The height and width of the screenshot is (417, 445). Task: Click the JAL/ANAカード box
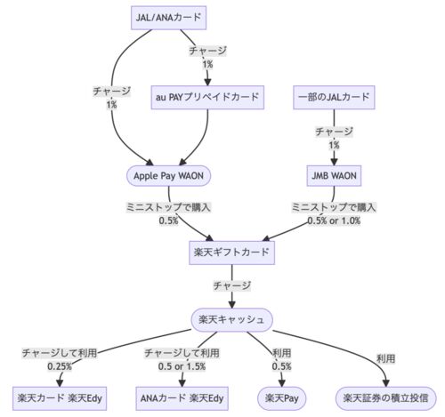pos(168,18)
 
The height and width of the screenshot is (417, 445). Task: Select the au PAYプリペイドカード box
pos(207,98)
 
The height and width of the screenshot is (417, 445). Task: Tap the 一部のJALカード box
pos(334,98)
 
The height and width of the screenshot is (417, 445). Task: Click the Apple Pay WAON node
pos(169,176)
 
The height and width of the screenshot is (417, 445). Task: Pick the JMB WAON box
pos(334,176)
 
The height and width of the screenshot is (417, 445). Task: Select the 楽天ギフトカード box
pos(231,253)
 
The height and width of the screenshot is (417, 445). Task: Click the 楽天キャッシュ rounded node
pos(231,320)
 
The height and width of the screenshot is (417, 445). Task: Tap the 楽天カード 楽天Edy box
pos(60,398)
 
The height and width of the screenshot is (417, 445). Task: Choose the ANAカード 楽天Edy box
pos(182,398)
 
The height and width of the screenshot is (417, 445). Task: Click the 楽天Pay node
pos(281,398)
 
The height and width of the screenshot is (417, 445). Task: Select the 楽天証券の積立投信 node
pos(385,398)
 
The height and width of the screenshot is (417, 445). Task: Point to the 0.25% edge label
pos(60,366)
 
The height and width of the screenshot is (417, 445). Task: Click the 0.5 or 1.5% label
pos(182,366)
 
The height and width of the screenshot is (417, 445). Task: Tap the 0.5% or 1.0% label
pos(334,221)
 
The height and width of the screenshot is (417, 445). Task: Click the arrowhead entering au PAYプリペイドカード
pos(207,82)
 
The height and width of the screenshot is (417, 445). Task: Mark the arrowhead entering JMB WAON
pos(334,162)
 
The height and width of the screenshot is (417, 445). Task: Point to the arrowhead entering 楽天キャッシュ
pos(231,305)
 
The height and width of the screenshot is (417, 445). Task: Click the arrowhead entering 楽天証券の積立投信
pos(386,383)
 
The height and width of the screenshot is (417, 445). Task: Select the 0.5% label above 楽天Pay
pos(281,366)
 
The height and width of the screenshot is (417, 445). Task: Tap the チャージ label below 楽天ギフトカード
pos(232,285)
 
